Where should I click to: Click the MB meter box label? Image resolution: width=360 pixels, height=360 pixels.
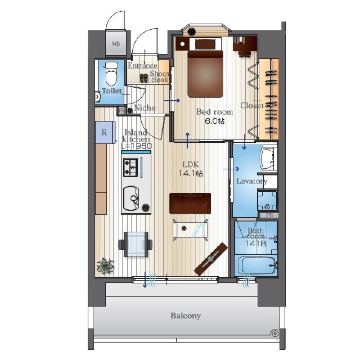pos(115,44)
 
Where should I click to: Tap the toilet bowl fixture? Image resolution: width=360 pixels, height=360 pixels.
pos(111,73)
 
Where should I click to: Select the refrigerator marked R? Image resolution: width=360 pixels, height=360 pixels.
pos(105,132)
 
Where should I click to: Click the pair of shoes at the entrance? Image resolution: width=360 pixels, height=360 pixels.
pos(144,78)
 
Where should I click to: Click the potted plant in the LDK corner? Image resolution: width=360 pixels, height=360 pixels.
pos(105,266)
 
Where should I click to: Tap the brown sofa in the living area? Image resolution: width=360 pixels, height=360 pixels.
pos(190,204)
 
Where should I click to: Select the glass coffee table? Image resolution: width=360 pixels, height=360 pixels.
pos(190,229)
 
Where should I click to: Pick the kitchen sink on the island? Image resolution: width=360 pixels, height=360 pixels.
pos(131,198)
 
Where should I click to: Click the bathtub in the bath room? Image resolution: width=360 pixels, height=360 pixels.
pos(256,265)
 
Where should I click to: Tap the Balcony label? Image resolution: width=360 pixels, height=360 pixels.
pos(186,316)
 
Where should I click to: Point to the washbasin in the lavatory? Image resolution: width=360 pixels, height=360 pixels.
pos(268,159)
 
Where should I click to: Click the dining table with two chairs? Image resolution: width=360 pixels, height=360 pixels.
pos(136,244)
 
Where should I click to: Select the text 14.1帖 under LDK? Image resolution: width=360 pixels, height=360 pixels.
pos(191,173)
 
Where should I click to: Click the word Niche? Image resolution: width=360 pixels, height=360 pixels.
pos(145,107)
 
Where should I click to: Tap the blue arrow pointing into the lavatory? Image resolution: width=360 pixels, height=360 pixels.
pos(231,169)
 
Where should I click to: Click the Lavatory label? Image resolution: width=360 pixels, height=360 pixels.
pos(252,181)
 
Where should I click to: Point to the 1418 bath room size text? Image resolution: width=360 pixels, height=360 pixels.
pos(255,244)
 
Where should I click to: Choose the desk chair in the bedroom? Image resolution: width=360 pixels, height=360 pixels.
pos(244,54)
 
